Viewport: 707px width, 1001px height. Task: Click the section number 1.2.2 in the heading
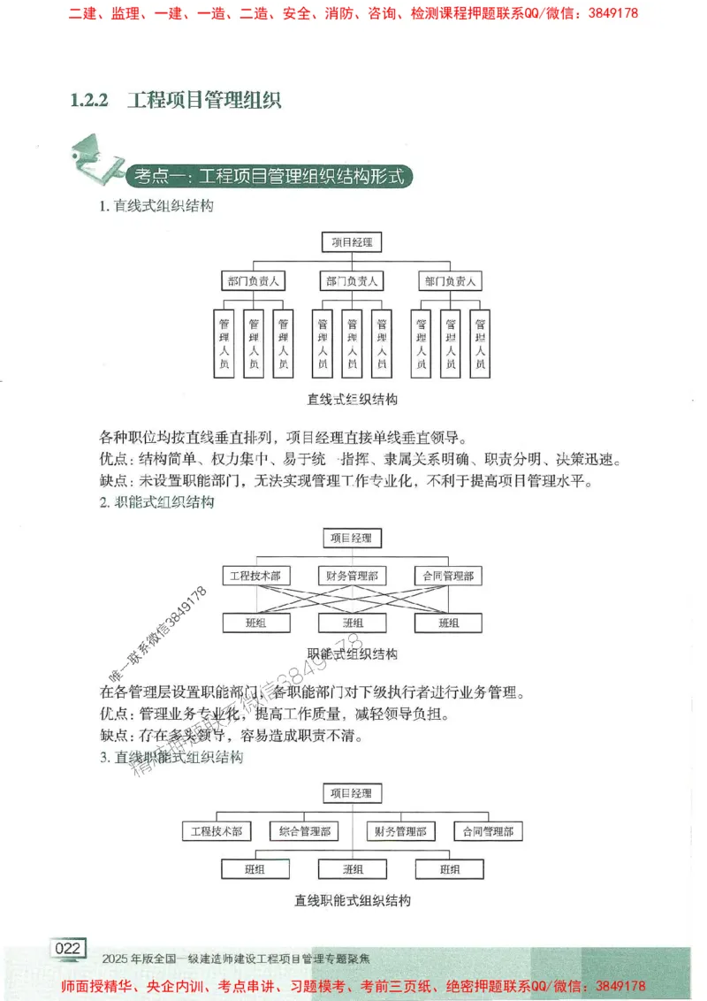[x=88, y=100]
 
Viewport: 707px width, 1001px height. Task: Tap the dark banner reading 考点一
[x=270, y=176]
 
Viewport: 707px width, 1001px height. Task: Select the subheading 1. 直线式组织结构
[x=156, y=207]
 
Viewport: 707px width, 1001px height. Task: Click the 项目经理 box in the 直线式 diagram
[x=352, y=241]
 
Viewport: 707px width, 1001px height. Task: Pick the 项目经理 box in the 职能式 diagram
[x=352, y=538]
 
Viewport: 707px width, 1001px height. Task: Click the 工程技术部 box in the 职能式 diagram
[x=255, y=576]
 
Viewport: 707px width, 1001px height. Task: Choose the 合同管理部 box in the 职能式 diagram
[x=448, y=576]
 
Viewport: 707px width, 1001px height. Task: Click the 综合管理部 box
[x=304, y=831]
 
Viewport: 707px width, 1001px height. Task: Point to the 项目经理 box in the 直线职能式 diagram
[x=352, y=793]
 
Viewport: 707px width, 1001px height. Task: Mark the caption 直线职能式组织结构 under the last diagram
[x=353, y=901]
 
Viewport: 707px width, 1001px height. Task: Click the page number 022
[x=68, y=949]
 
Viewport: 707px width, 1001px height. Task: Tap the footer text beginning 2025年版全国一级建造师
[x=237, y=958]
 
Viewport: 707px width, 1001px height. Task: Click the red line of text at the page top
[x=353, y=13]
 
